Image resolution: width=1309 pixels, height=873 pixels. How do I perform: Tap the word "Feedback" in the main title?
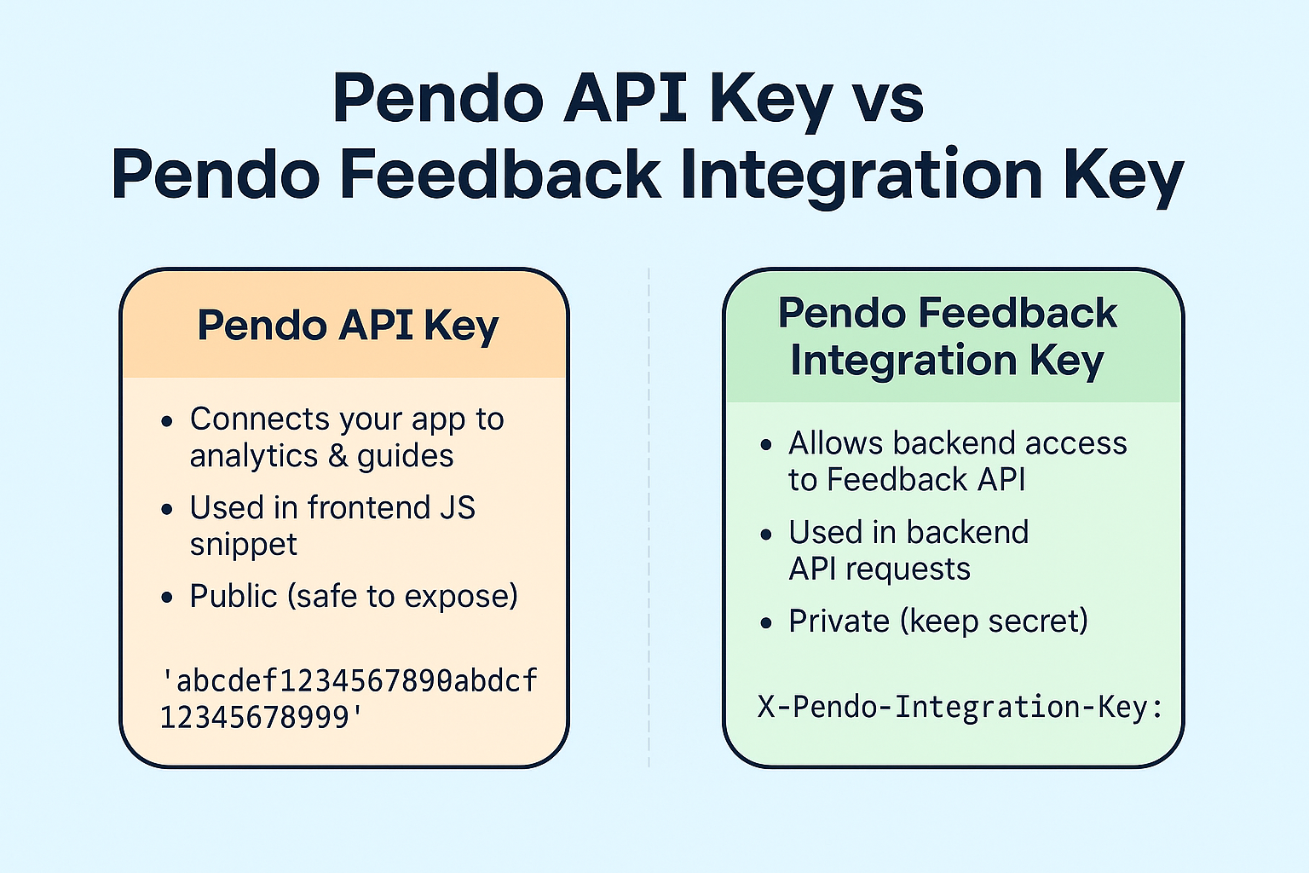pyautogui.click(x=500, y=174)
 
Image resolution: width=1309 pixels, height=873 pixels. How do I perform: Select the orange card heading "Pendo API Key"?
pyautogui.click(x=348, y=325)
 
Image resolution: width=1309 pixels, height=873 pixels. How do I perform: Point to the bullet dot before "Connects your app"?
pyautogui.click(x=167, y=421)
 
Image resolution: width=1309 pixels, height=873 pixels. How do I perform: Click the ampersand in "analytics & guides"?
pyautogui.click(x=337, y=456)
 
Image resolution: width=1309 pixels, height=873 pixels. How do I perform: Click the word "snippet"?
pyautogui.click(x=243, y=546)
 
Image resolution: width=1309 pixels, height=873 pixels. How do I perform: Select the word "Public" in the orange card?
pyautogui.click(x=234, y=596)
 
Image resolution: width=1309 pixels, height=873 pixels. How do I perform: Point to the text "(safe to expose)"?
pyautogui.click(x=402, y=597)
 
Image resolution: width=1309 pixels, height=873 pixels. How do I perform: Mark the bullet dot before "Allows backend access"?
pyautogui.click(x=766, y=445)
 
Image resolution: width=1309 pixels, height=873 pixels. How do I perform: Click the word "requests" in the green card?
pyautogui.click(x=908, y=569)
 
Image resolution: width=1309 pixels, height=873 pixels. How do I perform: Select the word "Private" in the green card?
pyautogui.click(x=839, y=621)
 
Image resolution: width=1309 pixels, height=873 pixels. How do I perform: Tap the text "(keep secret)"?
pyautogui.click(x=994, y=622)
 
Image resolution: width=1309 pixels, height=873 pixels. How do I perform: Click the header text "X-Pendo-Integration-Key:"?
pyautogui.click(x=960, y=707)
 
